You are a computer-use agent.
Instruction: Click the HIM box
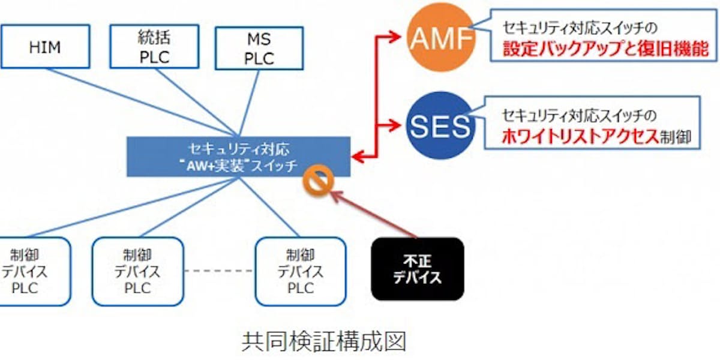point(45,47)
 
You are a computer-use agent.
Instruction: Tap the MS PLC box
point(259,49)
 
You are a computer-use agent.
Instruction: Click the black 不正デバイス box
point(418,269)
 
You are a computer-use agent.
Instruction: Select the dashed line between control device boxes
point(219,271)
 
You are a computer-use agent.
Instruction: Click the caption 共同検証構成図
point(324,341)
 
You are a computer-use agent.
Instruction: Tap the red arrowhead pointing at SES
point(399,125)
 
